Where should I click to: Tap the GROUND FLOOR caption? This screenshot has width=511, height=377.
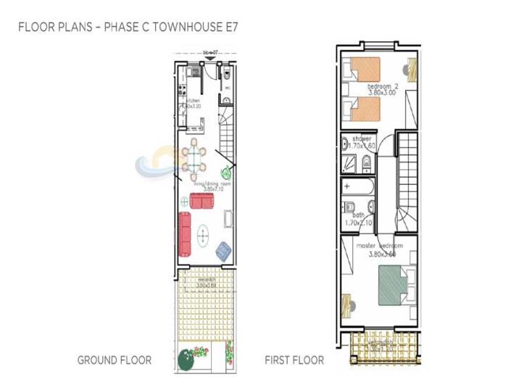(114, 360)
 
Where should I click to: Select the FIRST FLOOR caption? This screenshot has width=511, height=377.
(294, 360)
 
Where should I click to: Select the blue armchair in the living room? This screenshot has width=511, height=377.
(223, 250)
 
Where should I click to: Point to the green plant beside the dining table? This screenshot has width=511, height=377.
(226, 172)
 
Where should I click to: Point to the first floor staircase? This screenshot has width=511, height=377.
(407, 171)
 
